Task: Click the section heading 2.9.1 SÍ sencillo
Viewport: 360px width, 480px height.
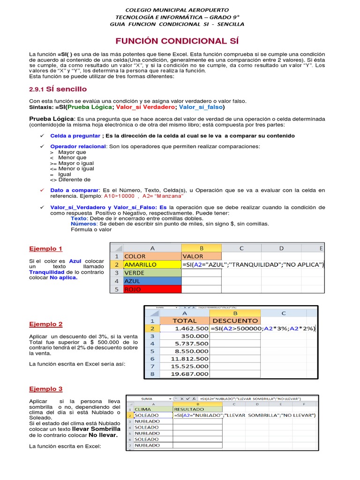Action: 58,89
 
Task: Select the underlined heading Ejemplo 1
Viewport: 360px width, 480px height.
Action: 45,249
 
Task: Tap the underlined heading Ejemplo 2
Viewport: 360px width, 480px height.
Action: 45,324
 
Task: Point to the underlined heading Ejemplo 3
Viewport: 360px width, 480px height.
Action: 45,389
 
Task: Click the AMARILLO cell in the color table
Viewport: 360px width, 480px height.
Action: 151,265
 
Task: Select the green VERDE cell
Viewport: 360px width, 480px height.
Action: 151,273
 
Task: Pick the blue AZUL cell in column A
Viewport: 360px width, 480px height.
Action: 151,281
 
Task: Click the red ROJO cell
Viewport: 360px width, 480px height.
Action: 151,289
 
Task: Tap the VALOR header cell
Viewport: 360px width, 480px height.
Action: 201,256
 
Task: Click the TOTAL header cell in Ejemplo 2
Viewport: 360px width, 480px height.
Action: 185,321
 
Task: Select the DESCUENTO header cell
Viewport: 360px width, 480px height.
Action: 235,321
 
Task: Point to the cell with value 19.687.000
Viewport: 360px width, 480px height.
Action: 185,374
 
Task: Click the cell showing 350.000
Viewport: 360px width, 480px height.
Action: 185,336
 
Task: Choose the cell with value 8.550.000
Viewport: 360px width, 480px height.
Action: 185,351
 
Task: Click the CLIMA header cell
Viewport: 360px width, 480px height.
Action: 153,409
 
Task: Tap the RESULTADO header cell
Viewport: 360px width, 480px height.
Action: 197,409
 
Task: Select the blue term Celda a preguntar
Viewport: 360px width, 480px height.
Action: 75,136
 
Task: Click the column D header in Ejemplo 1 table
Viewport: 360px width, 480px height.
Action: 281,248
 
